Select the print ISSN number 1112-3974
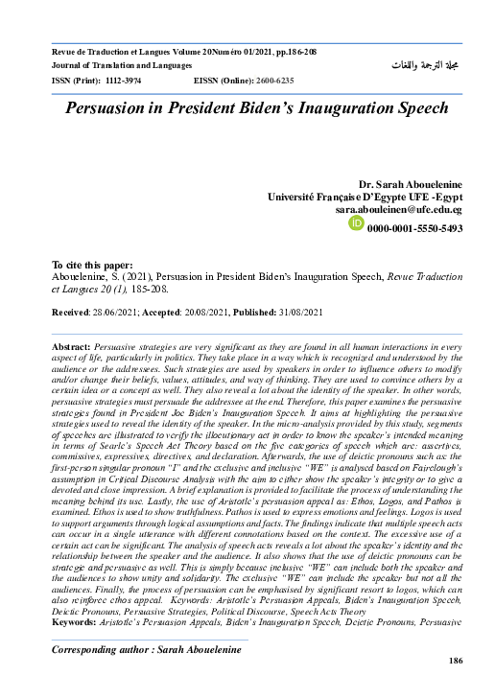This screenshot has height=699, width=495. (124, 82)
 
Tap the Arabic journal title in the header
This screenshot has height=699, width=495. (422, 64)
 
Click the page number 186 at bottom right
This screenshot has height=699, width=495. (456, 662)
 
